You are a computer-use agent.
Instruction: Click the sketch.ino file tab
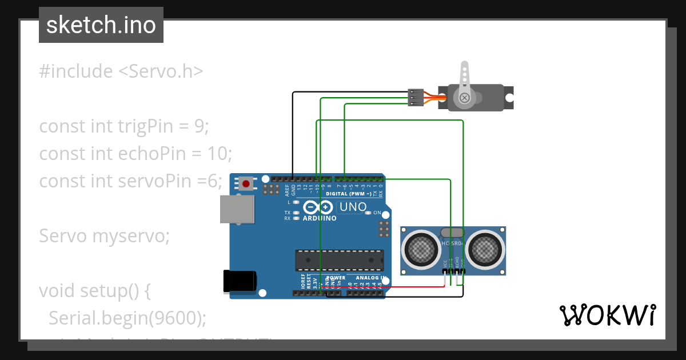tap(101, 25)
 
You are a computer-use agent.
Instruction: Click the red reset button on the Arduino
tap(246, 184)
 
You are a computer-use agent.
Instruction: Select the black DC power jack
tap(240, 281)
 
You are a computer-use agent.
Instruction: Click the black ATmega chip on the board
tap(340, 260)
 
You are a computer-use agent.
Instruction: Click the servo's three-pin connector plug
tap(416, 97)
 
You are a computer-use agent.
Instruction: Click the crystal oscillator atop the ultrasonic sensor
tap(453, 232)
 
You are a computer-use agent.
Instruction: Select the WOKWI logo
tap(607, 315)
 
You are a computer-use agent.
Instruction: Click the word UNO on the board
tap(352, 207)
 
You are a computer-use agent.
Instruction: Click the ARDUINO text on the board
tap(320, 218)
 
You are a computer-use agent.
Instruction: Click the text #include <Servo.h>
tap(121, 71)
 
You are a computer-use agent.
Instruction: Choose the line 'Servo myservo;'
tap(104, 235)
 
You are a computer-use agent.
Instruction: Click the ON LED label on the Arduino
tap(377, 213)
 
